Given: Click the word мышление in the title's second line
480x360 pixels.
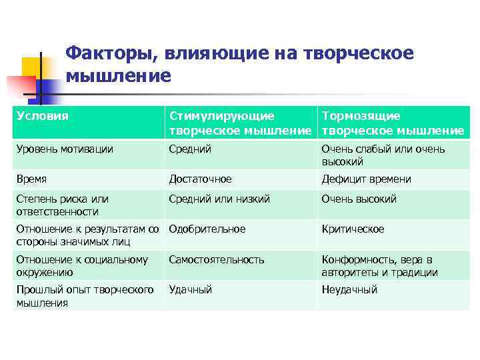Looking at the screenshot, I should pos(119,76).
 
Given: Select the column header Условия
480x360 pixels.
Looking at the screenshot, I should pos(43,116).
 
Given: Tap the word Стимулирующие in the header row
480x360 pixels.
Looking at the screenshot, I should pos(221,116).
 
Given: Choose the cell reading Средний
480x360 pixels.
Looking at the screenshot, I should pos(190,149).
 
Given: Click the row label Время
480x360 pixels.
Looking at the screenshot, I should pos(31,179).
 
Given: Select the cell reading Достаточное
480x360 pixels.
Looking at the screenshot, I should pos(201,179).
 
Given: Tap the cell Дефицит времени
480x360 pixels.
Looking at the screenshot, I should pos(366,179).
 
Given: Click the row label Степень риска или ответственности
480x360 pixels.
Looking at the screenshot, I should pos(62,205).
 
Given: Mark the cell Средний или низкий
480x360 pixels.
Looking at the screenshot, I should pos(219,199).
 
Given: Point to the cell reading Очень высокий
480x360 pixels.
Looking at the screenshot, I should pos(359,199).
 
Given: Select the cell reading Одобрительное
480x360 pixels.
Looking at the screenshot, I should pos(207,229).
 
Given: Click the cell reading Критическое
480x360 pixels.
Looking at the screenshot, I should pos(353,229).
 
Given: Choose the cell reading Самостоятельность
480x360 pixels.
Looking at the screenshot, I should pos(217,260).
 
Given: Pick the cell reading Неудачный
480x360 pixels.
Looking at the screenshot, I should pos(349,290).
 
